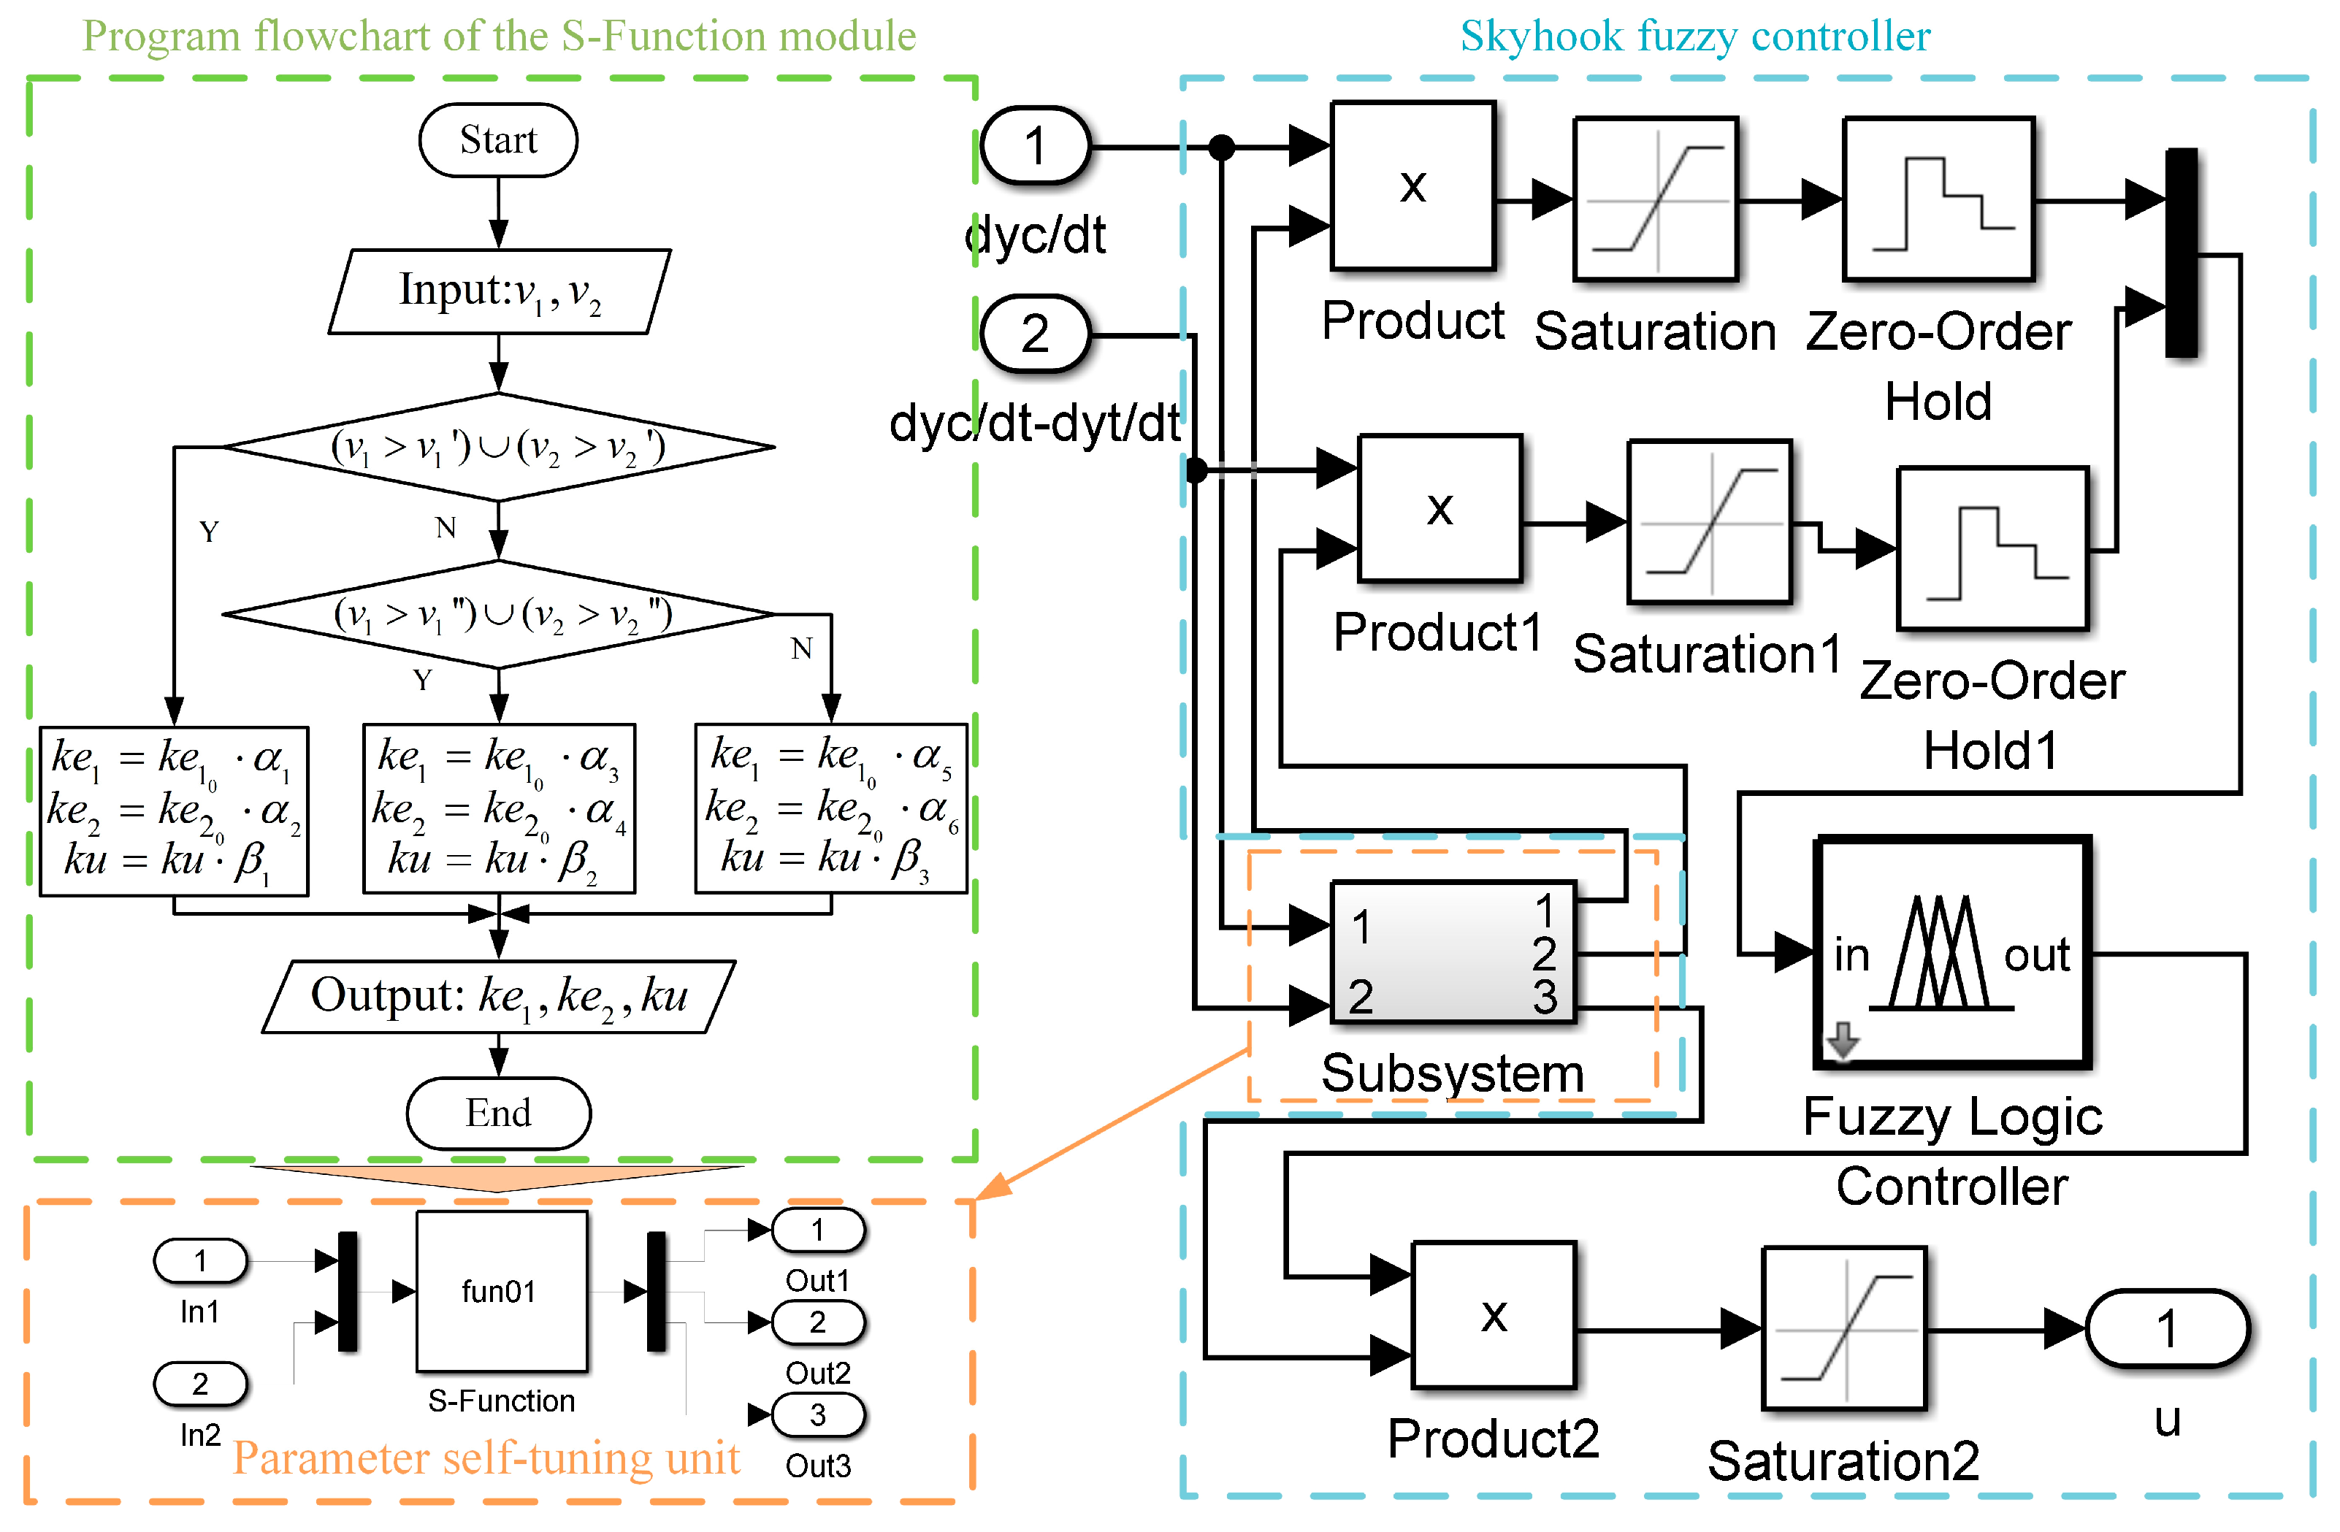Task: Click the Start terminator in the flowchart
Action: (499, 139)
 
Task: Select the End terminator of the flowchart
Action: (499, 1113)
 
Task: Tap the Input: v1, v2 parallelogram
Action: (500, 291)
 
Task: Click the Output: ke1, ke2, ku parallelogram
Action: (500, 996)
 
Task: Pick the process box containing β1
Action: (174, 811)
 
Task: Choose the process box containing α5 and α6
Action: (832, 808)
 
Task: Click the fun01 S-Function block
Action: (502, 1291)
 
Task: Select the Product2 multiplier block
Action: (1494, 1314)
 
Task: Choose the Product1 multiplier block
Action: (1440, 508)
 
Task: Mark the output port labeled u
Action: (2167, 1330)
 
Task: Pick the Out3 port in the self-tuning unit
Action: (818, 1415)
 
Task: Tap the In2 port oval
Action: (201, 1384)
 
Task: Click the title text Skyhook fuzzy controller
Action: (1695, 37)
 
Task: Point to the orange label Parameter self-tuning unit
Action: (486, 1458)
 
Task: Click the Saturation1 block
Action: (1710, 521)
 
